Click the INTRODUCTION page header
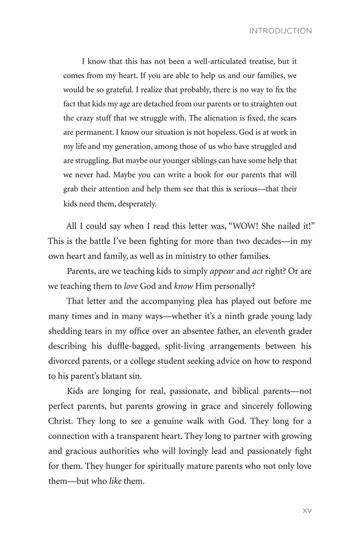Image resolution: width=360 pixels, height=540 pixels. (x=281, y=31)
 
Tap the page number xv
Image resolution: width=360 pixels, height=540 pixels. (x=307, y=510)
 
